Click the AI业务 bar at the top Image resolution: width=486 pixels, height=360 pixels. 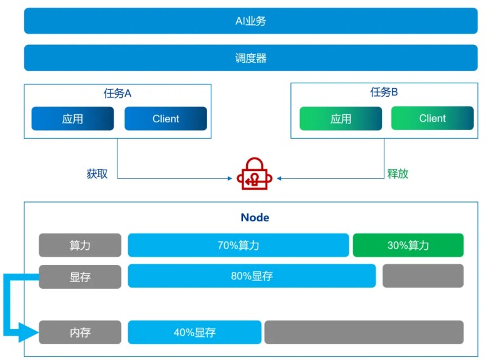pyautogui.click(x=251, y=21)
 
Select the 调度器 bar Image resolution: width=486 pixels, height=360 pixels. pyautogui.click(x=251, y=58)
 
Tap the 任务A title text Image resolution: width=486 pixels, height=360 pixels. pyautogui.click(x=118, y=93)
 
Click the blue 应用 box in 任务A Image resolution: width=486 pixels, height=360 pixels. pyautogui.click(x=72, y=119)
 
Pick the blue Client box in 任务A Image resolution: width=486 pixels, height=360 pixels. pyautogui.click(x=166, y=119)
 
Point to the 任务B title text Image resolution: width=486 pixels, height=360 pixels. pyautogui.click(x=384, y=92)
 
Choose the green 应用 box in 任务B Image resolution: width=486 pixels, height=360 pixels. pyautogui.click(x=341, y=119)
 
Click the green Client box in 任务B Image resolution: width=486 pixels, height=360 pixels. pyautogui.click(x=432, y=118)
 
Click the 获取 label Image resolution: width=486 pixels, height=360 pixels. pyautogui.click(x=97, y=173)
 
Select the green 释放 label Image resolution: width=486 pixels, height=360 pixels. pyautogui.click(x=398, y=173)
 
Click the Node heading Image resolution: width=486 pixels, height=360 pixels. pyautogui.click(x=255, y=218)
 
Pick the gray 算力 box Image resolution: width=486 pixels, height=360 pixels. pyautogui.click(x=80, y=245)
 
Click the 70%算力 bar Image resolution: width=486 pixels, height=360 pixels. pyautogui.click(x=238, y=245)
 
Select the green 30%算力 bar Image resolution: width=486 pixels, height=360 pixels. pyautogui.click(x=408, y=245)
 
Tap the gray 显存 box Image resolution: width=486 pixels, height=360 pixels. pyautogui.click(x=80, y=276)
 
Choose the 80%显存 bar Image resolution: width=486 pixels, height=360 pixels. pyautogui.click(x=252, y=276)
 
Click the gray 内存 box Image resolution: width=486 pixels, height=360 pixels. pyautogui.click(x=80, y=333)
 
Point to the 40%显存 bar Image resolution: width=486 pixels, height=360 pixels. pyautogui.click(x=194, y=333)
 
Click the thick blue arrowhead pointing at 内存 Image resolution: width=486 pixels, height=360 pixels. pyautogui.click(x=27, y=333)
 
